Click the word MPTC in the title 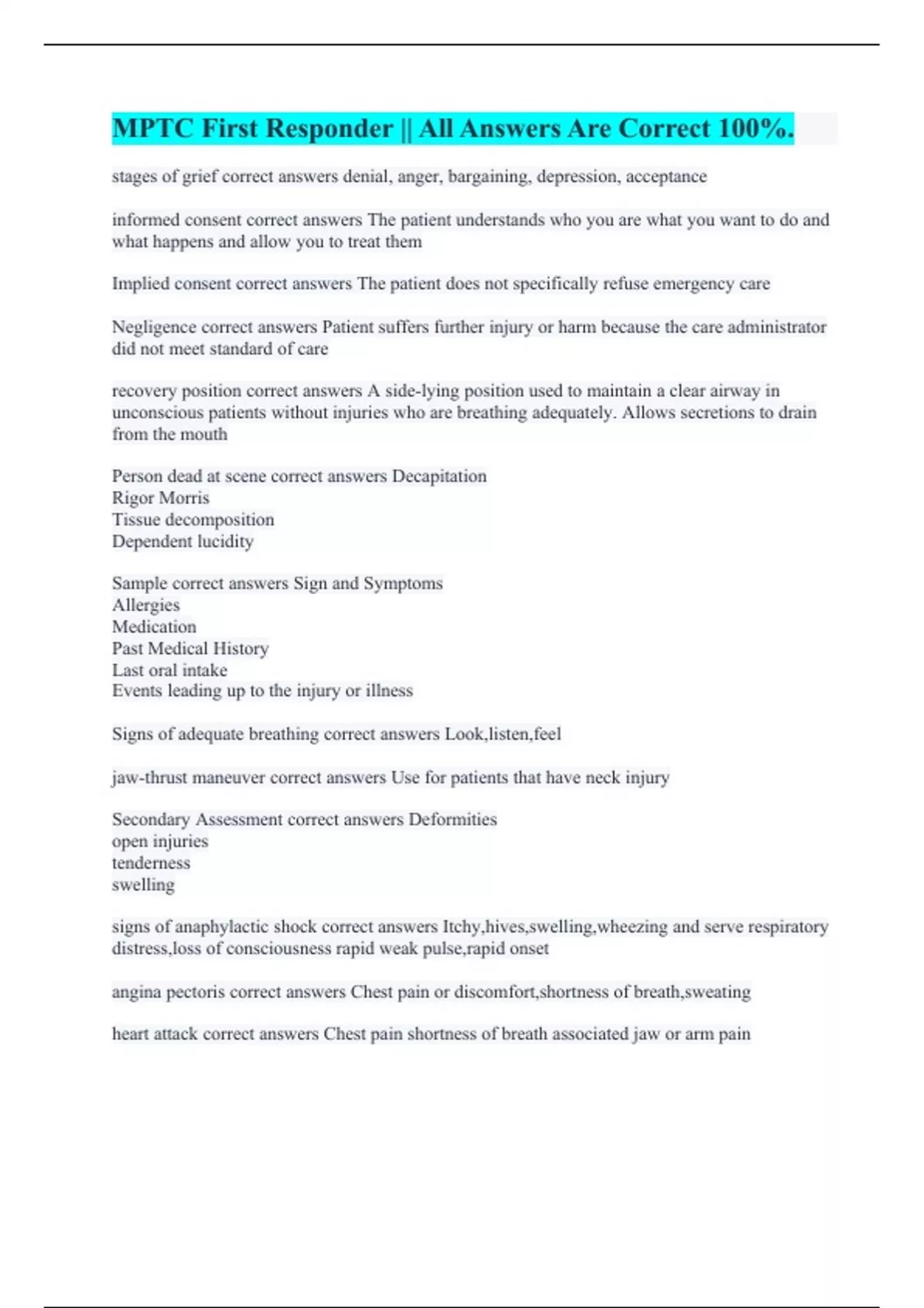click(x=152, y=128)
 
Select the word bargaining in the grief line click(x=489, y=177)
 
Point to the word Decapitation click(x=439, y=476)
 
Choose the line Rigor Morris click(x=160, y=498)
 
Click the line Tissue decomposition click(x=192, y=519)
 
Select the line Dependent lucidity click(x=182, y=542)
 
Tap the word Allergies click(x=146, y=606)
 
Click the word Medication click(x=154, y=627)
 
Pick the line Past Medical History click(x=190, y=649)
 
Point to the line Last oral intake click(x=169, y=670)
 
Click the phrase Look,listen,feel click(x=503, y=734)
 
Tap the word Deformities click(x=453, y=819)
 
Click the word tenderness click(x=151, y=863)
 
